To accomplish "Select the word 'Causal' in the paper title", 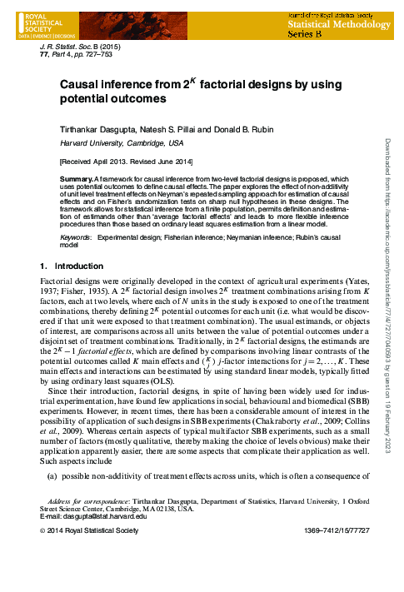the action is click(81, 85).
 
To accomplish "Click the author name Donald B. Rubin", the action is click(228, 131).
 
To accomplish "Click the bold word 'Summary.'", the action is click(77, 179).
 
